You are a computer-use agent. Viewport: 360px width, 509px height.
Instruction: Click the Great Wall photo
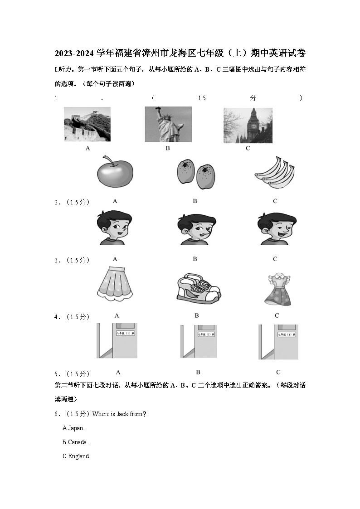87,124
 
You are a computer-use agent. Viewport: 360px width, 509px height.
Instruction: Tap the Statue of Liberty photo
168,124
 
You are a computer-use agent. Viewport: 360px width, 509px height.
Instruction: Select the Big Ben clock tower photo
248,125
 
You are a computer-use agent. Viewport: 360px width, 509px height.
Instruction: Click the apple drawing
115,172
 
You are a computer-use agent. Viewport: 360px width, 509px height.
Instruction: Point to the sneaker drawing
198,289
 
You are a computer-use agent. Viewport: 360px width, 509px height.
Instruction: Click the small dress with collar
277,289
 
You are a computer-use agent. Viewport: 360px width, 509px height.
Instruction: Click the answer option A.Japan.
73,428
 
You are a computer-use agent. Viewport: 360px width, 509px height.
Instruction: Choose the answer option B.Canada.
75,442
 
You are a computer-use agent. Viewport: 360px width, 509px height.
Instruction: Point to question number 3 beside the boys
57,261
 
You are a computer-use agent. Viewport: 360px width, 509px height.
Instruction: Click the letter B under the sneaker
197,315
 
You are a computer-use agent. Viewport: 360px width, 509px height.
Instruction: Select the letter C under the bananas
275,201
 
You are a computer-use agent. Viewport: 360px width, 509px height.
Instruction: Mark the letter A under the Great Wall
88,148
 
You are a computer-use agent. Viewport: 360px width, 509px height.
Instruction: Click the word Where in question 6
101,414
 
